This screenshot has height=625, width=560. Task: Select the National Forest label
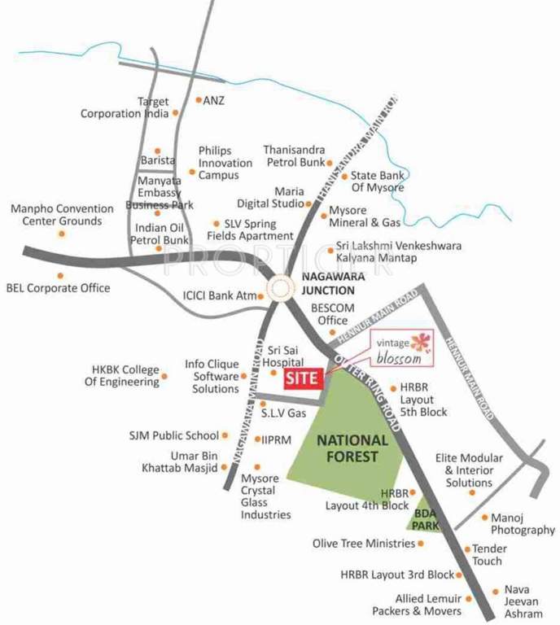[x=348, y=448]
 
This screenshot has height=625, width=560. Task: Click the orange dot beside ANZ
[x=197, y=100]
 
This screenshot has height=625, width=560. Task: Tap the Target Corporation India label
[x=125, y=107]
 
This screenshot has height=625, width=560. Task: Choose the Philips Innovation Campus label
[x=225, y=163]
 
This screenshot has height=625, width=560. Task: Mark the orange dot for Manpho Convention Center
[x=61, y=234]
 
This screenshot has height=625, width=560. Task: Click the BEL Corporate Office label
[x=58, y=287]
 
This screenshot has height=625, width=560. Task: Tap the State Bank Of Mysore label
[x=377, y=181]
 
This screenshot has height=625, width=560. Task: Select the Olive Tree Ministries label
[x=364, y=543]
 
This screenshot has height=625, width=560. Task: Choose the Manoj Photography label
[x=523, y=524]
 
